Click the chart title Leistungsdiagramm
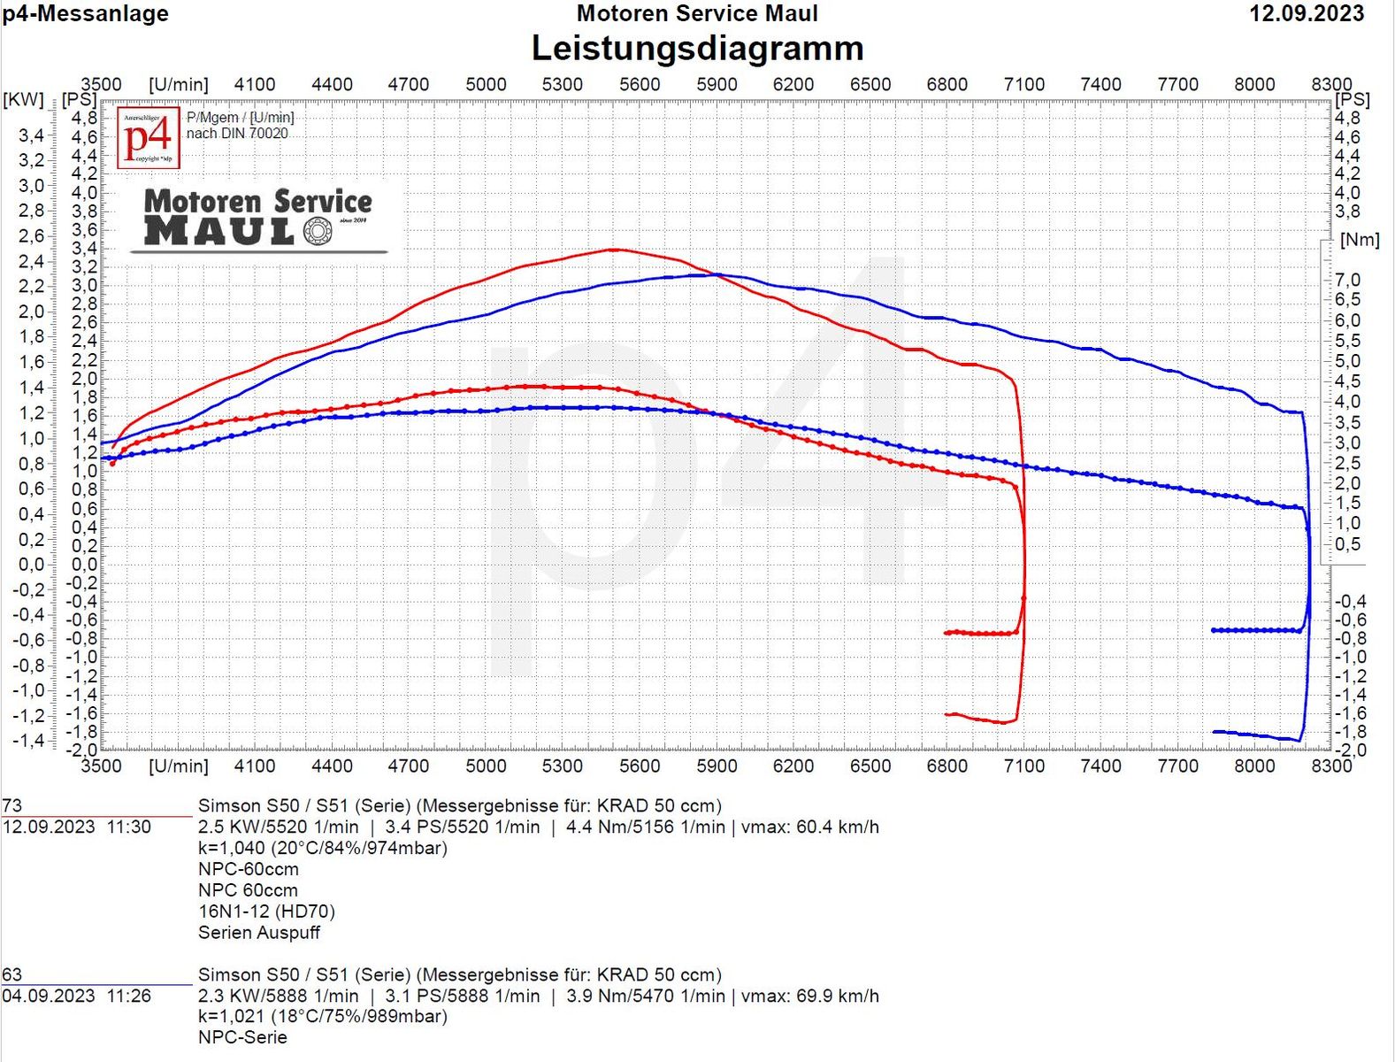(697, 49)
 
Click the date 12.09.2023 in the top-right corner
(1307, 14)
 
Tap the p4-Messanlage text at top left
(85, 14)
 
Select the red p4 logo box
(149, 138)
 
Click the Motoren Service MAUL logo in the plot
(257, 218)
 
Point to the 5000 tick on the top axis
(486, 85)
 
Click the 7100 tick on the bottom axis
(1023, 766)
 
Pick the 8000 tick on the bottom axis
(1254, 766)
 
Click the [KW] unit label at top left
(23, 99)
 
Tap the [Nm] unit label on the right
(1360, 240)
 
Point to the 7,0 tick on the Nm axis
(1347, 281)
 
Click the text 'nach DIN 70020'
(237, 134)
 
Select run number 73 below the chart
(12, 806)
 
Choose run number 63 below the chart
(12, 975)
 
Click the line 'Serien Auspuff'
(259, 933)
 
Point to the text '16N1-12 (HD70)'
(266, 912)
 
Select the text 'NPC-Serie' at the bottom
(242, 1038)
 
